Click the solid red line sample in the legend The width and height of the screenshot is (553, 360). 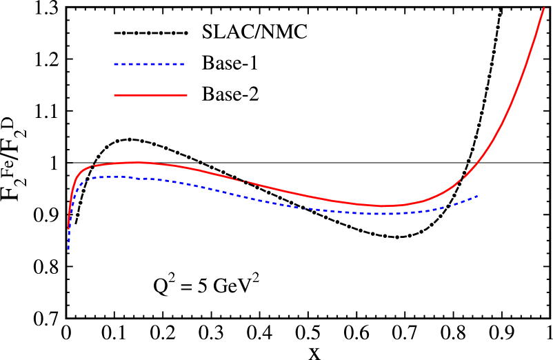[x=150, y=94]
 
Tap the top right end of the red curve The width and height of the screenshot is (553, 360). [x=544, y=8]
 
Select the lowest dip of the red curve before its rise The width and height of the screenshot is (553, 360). [x=383, y=206]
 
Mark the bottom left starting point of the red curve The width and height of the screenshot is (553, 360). [x=68, y=228]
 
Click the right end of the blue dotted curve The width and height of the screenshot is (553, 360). [x=478, y=197]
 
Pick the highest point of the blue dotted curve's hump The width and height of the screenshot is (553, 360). [x=114, y=177]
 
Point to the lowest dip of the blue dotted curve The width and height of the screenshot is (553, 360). [x=376, y=213]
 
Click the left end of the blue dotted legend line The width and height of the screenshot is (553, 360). [x=115, y=64]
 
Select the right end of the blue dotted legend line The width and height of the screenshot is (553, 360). [x=184, y=64]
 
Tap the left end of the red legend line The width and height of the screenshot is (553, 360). [x=115, y=94]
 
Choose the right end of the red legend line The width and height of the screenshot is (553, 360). [x=186, y=94]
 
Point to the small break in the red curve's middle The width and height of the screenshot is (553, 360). [x=241, y=181]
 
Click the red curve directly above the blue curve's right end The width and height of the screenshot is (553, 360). [x=478, y=161]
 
